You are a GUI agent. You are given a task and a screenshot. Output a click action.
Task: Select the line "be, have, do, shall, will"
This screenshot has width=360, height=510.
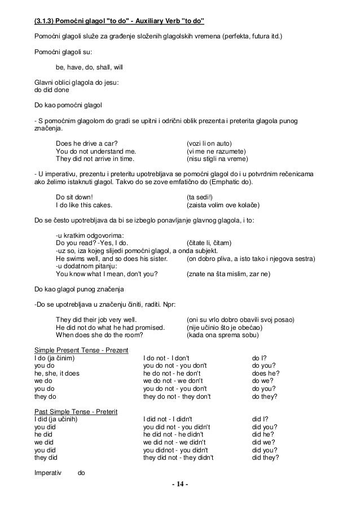pyautogui.click(x=89, y=67)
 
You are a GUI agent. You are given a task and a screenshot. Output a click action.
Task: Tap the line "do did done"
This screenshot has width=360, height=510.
pyautogui.click(x=51, y=89)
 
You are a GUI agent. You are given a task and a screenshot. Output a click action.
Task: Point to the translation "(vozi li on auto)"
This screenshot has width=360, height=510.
pyautogui.click(x=209, y=143)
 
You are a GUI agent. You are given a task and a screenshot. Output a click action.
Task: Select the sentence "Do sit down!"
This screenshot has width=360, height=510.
pyautogui.click(x=74, y=197)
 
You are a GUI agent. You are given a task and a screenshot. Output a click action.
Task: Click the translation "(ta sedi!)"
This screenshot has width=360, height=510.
pyautogui.click(x=201, y=197)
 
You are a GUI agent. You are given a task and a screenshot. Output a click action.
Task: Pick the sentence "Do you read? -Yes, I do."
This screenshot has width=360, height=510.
pyautogui.click(x=92, y=243)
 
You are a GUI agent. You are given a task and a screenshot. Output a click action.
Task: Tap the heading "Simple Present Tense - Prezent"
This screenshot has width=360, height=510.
pyautogui.click(x=81, y=351)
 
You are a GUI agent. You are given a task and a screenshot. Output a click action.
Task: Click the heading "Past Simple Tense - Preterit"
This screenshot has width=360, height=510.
pyautogui.click(x=76, y=412)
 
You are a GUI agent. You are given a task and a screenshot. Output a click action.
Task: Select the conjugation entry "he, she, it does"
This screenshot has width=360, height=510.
pyautogui.click(x=57, y=373)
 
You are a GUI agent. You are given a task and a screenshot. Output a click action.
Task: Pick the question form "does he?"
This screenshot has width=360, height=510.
pyautogui.click(x=264, y=373)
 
